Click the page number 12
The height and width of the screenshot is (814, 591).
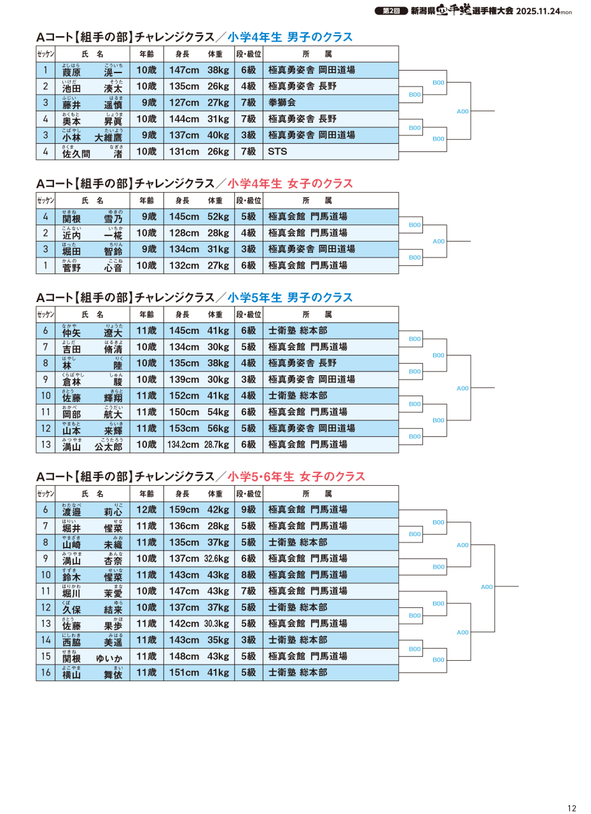click(571, 808)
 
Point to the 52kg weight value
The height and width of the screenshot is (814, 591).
click(218, 217)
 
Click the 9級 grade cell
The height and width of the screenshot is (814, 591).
click(248, 510)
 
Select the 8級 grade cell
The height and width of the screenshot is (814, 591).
click(248, 575)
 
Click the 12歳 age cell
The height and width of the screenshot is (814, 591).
click(146, 510)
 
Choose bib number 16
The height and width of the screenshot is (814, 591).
click(46, 673)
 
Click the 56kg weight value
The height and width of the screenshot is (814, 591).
click(218, 429)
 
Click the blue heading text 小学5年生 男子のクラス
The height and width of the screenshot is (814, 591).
click(289, 298)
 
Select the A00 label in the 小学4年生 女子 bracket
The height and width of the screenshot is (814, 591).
click(438, 242)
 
